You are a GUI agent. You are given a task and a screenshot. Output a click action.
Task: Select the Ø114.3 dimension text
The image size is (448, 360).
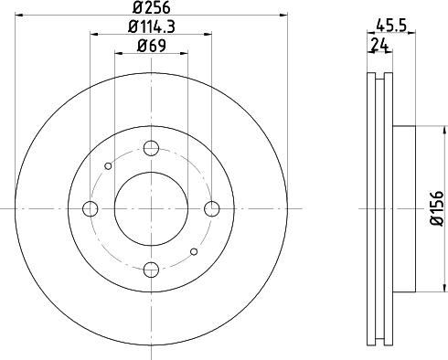[x=150, y=28]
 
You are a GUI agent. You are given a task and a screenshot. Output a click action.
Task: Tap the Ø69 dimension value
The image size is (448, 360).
[x=150, y=46]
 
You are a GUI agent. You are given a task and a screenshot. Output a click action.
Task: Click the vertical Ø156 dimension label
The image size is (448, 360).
[x=436, y=208]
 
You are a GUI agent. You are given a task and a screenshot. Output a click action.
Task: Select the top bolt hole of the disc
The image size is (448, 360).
[x=151, y=148]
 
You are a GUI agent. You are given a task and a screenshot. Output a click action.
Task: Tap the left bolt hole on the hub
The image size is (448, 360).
[x=90, y=209]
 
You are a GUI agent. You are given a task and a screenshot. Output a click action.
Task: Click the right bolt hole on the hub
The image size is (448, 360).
[x=212, y=209]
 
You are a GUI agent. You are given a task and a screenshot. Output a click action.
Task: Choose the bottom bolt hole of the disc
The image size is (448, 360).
[x=151, y=270]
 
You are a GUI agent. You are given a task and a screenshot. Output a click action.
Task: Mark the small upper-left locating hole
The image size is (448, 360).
[x=109, y=165]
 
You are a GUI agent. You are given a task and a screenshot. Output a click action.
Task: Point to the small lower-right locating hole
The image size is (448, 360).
[x=193, y=252]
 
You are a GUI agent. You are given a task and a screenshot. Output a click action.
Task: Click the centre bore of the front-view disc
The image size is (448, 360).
[x=151, y=208]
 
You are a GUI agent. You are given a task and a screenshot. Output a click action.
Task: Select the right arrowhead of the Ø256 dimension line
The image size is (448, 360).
[x=282, y=16]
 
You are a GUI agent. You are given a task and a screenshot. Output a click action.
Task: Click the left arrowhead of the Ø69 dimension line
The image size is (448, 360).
[x=117, y=53]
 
